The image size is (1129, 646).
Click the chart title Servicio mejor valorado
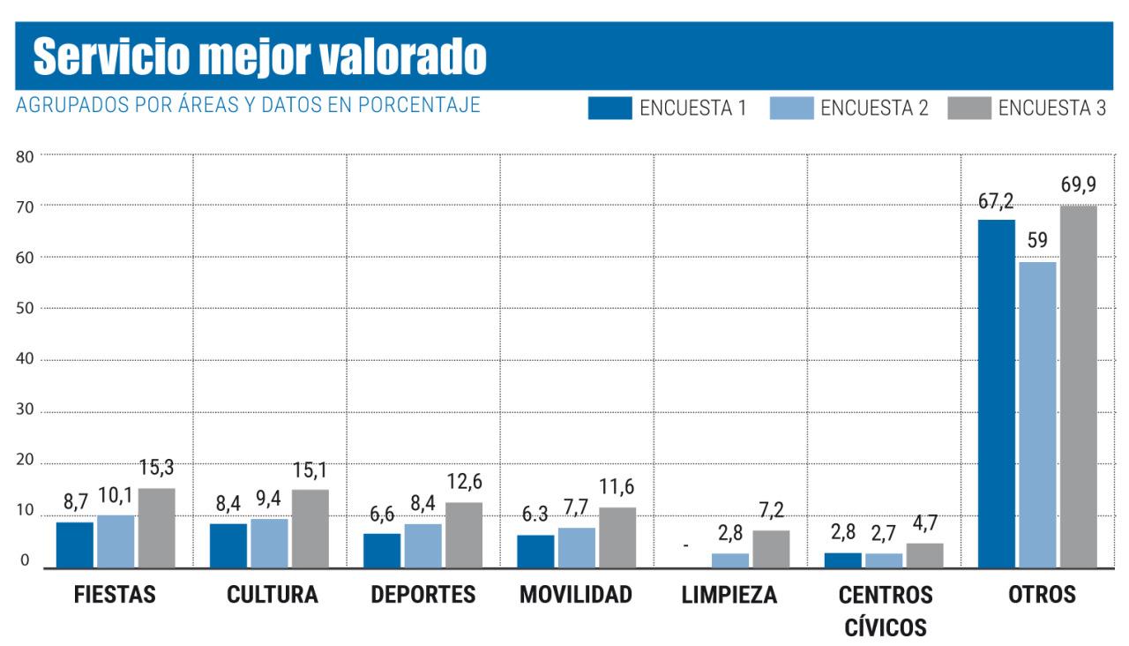[x=260, y=57]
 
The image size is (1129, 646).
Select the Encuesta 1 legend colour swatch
[x=609, y=109]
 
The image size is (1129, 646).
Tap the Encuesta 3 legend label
[x=1052, y=109]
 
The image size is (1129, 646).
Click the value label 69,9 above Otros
[x=1079, y=188]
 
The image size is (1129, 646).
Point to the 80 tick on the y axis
[x=24, y=157]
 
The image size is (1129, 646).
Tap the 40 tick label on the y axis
[x=24, y=360]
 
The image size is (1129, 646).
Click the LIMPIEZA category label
[x=729, y=595]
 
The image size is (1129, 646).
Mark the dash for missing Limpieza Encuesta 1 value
[x=685, y=546]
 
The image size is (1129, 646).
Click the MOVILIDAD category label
[x=576, y=595]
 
